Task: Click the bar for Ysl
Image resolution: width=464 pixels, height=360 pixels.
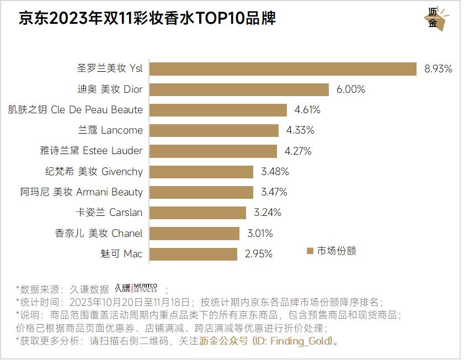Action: coord(283,68)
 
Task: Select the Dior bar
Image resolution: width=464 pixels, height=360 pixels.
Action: coord(239,89)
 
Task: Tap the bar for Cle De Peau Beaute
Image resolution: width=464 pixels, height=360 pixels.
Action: coord(218,110)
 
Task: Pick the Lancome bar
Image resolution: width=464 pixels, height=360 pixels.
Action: coord(214,130)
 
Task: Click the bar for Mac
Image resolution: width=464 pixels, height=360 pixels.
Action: coord(194,254)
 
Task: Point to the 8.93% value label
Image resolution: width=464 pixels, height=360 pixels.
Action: coord(438,69)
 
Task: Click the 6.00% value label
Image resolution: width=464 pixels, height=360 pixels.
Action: coord(351,89)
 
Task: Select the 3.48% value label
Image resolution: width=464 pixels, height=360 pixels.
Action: coord(275,172)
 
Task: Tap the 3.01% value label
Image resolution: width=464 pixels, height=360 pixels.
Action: coord(259,234)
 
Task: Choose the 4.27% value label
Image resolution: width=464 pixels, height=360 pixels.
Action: coord(298,151)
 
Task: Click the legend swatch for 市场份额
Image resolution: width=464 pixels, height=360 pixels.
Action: coord(310,251)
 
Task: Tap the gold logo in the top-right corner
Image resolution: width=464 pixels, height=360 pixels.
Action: coord(436,19)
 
